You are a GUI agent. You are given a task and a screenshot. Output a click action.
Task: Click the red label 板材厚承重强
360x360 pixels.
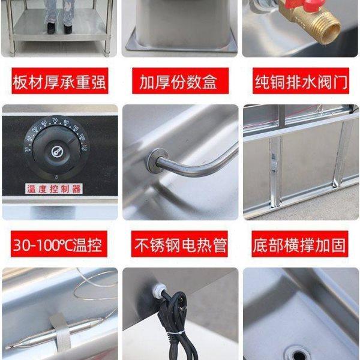pos(59,81)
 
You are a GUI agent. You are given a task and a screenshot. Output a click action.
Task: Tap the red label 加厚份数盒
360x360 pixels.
pos(179,81)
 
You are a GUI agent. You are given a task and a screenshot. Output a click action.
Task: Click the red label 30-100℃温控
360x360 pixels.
pos(59,245)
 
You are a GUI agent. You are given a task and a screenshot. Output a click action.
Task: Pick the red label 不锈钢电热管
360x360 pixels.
pos(179,245)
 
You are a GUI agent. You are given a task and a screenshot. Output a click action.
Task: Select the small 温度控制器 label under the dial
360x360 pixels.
pos(53,189)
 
